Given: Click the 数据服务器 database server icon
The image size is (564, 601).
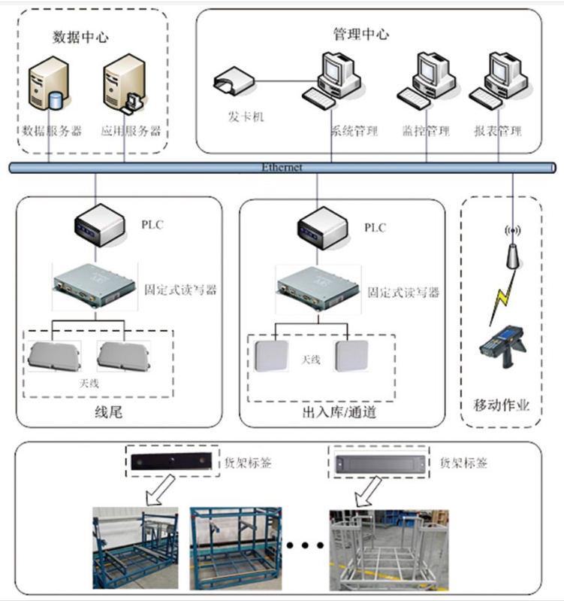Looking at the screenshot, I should [x=47, y=87].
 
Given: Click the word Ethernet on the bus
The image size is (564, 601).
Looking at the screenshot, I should [x=282, y=168].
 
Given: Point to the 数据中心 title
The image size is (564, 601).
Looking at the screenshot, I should [x=80, y=36].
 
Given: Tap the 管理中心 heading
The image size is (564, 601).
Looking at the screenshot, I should [x=361, y=35].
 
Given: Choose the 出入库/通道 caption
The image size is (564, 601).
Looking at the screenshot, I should [x=339, y=413].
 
